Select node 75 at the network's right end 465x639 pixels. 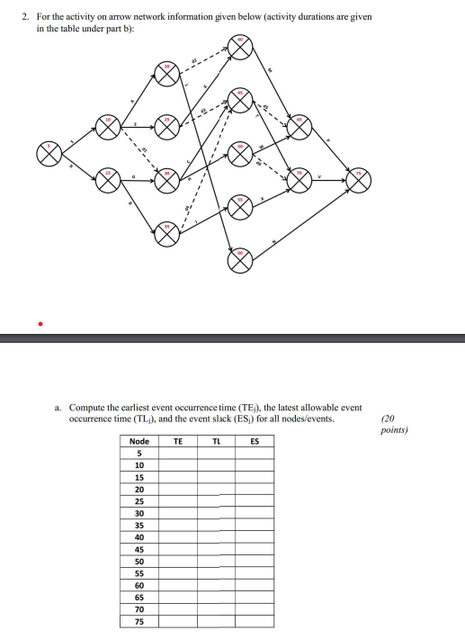click(361, 180)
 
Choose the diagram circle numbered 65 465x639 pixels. click(300, 127)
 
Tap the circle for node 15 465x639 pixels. click(109, 180)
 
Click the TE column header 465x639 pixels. click(178, 441)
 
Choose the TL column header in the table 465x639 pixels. click(217, 441)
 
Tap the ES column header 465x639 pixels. click(255, 441)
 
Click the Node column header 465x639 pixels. click(139, 441)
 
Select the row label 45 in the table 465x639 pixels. click(139, 549)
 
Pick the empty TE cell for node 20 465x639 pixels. click(178, 489)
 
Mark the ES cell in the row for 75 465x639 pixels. click(255, 620)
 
